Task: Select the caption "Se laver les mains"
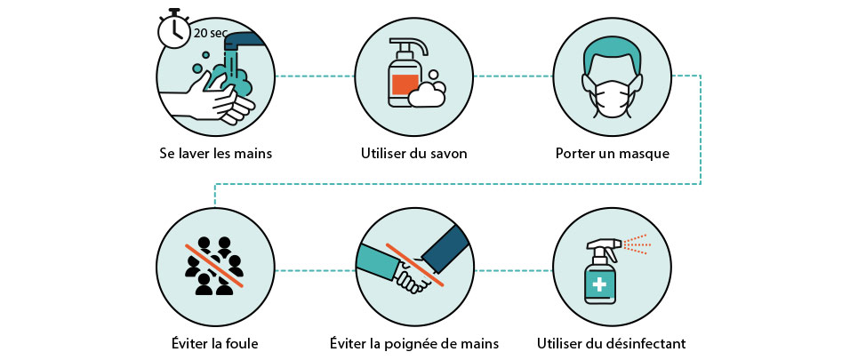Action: (215, 153)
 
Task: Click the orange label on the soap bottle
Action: (405, 84)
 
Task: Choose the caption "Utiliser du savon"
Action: (414, 153)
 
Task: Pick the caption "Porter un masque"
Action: (613, 154)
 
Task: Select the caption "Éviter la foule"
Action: (214, 344)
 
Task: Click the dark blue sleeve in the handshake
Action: (445, 249)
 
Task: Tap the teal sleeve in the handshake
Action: (379, 261)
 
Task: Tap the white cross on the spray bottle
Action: (600, 284)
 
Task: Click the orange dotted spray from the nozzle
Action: (637, 244)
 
